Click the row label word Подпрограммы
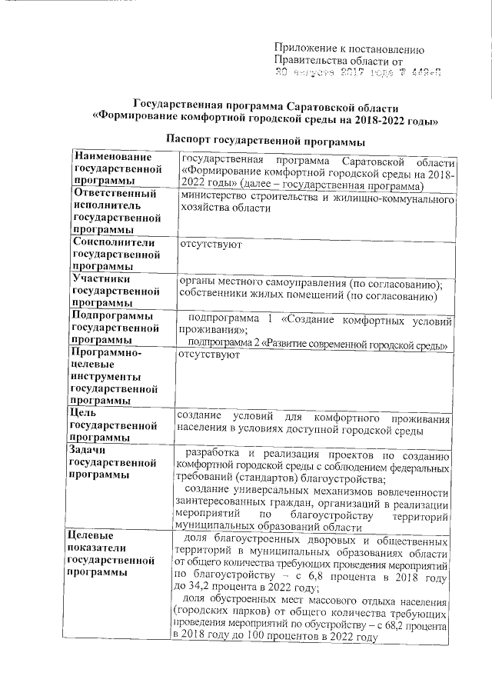point(111,316)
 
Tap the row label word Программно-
point(105,352)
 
